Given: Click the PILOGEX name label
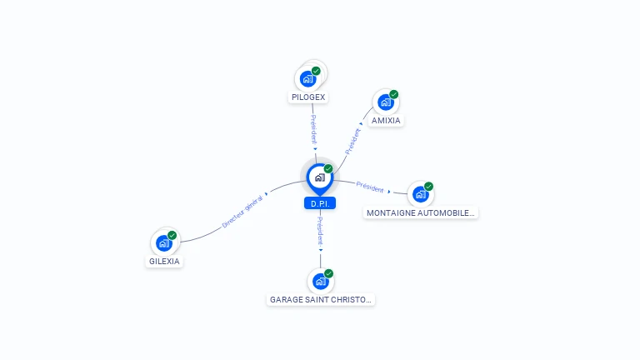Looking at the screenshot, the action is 308,97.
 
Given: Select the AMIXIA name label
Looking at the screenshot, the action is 386,120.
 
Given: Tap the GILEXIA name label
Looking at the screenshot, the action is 164,261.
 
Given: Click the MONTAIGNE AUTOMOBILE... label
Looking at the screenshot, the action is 420,213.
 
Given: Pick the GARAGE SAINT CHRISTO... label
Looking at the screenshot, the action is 320,300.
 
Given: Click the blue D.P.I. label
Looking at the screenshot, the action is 320,203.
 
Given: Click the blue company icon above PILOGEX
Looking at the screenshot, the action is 307,79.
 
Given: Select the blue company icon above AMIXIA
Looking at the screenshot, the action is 386,102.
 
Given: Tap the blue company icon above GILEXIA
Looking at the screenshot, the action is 164,243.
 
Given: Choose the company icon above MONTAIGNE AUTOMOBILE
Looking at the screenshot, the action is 420,194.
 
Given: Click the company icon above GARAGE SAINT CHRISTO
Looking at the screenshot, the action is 320,281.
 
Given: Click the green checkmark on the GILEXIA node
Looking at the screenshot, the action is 172,236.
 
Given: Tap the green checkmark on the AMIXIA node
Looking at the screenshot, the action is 394,95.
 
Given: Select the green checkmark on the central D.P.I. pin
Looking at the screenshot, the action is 328,168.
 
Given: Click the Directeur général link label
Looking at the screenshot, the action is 242,212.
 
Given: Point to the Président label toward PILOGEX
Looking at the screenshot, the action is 313,129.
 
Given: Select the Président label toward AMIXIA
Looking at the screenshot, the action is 353,142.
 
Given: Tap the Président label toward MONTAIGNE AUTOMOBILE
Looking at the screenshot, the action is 370,187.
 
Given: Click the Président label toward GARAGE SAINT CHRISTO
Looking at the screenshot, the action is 320,231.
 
